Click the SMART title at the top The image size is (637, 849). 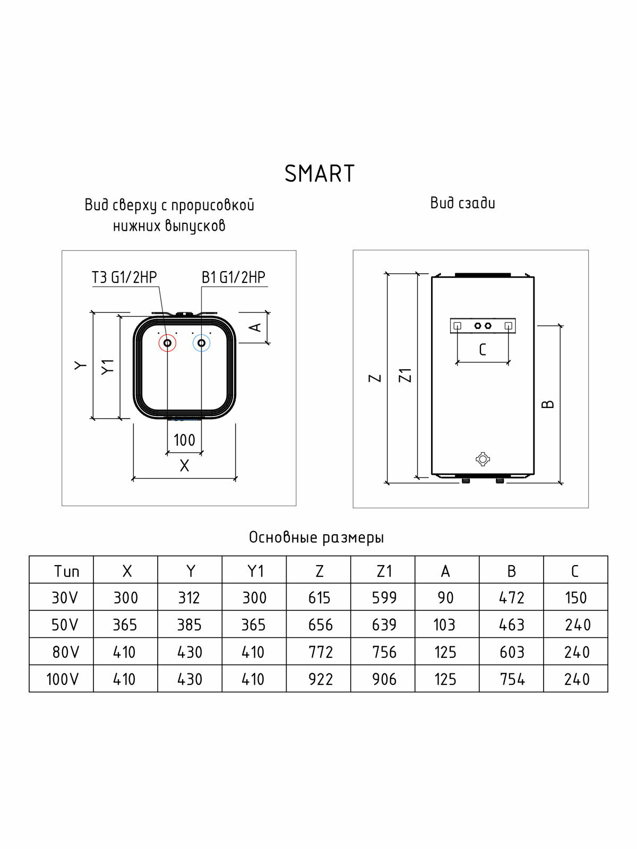point(320,174)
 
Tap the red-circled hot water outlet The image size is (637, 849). point(168,343)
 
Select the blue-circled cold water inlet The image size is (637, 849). point(201,343)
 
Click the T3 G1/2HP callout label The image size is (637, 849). point(124,278)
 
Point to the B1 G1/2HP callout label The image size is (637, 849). point(233,278)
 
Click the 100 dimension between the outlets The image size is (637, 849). point(184,440)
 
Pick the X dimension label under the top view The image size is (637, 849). point(184,466)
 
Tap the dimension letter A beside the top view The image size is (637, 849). point(256,327)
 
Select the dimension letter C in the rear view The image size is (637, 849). point(482,350)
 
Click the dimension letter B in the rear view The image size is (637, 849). point(548,404)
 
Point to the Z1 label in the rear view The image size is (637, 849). point(406,375)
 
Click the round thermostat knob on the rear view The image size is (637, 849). point(483,459)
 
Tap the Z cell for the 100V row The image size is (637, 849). point(320,679)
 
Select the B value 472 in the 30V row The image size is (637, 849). point(512,598)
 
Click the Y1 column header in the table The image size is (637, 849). point(255,571)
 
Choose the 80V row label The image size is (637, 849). point(65,652)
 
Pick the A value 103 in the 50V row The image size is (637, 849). point(444,625)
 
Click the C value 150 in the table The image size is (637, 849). point(575,598)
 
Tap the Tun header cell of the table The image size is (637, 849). point(66,571)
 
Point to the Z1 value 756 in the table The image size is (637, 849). point(384,652)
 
